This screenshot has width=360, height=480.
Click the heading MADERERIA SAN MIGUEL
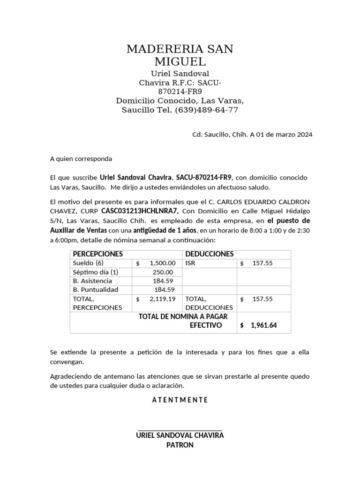click(180, 55)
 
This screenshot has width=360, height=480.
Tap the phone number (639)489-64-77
click(206, 110)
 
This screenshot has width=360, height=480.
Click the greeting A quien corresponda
click(81, 158)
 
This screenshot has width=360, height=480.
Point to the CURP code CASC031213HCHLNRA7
click(140, 211)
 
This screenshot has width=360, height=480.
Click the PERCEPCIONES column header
click(98, 254)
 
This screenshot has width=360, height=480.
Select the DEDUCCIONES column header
click(210, 254)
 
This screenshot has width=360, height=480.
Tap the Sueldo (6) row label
click(88, 263)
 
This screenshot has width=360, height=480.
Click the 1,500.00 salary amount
click(163, 263)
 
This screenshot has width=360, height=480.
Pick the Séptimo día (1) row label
click(96, 272)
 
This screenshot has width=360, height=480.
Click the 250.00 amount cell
click(163, 272)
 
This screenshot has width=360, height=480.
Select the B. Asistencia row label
click(92, 281)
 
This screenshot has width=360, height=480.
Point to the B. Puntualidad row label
click(96, 290)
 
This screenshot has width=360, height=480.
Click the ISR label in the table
click(190, 263)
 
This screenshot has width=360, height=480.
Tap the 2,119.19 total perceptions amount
click(162, 299)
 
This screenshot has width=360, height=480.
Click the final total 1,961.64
click(263, 325)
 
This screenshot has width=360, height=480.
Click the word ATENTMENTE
click(180, 400)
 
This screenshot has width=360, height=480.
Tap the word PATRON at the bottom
click(180, 445)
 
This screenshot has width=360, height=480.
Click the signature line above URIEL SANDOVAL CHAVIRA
click(180, 429)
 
